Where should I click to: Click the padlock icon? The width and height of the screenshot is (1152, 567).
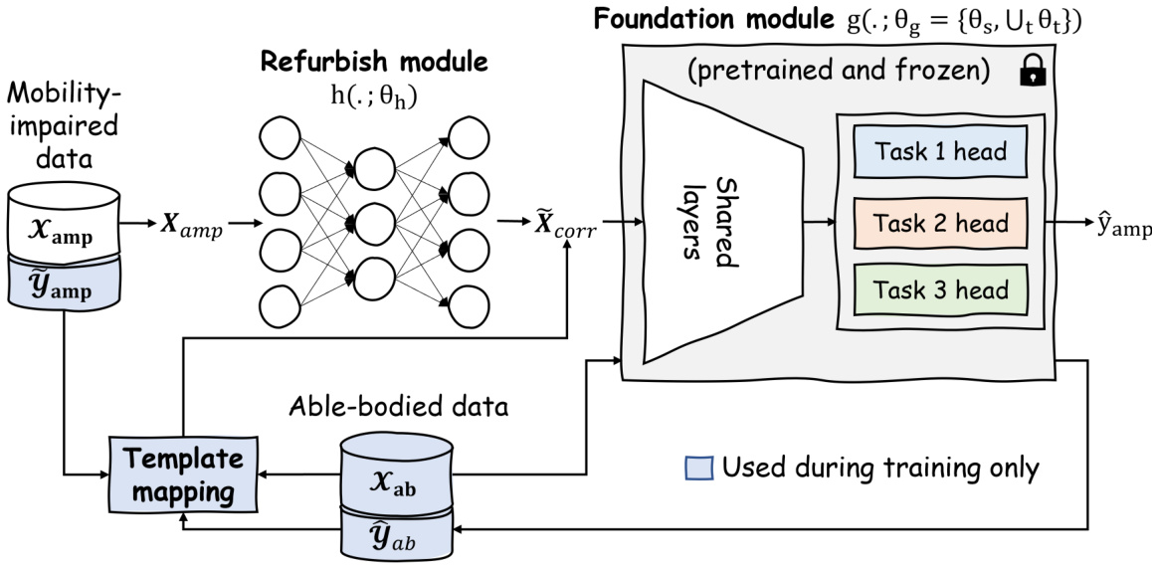pyautogui.click(x=1032, y=74)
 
